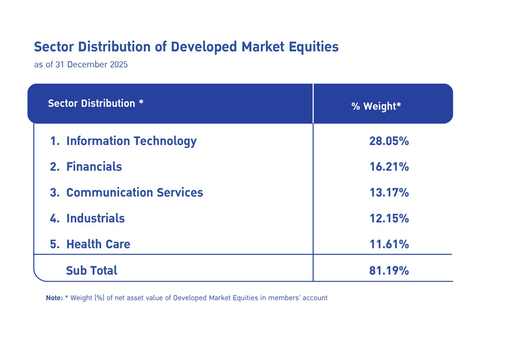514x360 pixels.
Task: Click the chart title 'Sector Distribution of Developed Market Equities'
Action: pyautogui.click(x=186, y=47)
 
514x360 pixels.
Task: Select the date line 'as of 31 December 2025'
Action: pyautogui.click(x=81, y=65)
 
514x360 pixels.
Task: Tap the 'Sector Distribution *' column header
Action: pyautogui.click(x=96, y=103)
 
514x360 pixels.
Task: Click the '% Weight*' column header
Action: pyautogui.click(x=376, y=106)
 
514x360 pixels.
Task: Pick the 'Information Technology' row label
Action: pyautogui.click(x=131, y=141)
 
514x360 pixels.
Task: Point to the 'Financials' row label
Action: pyautogui.click(x=94, y=167)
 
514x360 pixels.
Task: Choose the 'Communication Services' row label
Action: pyautogui.click(x=135, y=192)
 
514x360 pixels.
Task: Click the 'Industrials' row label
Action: pyautogui.click(x=96, y=218)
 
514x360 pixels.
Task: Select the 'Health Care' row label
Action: pyautogui.click(x=98, y=244)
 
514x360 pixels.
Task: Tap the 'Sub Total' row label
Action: pyautogui.click(x=91, y=270)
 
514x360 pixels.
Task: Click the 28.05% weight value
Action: pyautogui.click(x=389, y=141)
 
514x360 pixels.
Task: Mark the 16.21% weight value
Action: pyautogui.click(x=389, y=167)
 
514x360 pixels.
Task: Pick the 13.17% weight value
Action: pyautogui.click(x=389, y=192)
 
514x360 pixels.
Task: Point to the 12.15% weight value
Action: pyautogui.click(x=389, y=218)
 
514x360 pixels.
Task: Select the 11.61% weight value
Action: pyautogui.click(x=389, y=244)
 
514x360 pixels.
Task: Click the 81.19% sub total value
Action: pyautogui.click(x=389, y=270)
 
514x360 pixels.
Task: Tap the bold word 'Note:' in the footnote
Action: pyautogui.click(x=54, y=298)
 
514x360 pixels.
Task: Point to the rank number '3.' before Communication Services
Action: pyautogui.click(x=55, y=192)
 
